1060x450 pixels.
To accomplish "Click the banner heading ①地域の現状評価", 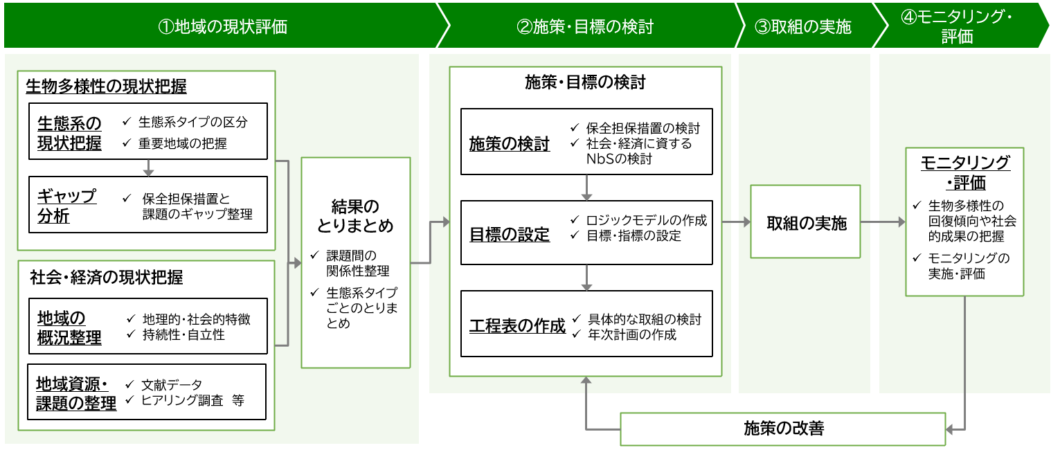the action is point(222,26).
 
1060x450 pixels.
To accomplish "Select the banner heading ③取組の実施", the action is point(802,26).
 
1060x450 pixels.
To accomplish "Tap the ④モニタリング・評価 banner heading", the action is point(956,26).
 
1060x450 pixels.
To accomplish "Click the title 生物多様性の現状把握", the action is point(106,86).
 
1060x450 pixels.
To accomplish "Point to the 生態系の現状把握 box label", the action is point(69,133).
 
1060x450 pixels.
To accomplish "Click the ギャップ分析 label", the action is point(66,206).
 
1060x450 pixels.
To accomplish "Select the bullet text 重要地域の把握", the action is point(183,143).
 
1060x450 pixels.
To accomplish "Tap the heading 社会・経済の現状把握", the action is point(107,277).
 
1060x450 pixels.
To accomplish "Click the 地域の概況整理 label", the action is point(69,327).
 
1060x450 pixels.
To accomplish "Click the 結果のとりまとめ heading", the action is point(355,216).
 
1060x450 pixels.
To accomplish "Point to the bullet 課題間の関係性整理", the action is point(358,263).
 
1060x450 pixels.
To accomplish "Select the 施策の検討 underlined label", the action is point(510,143).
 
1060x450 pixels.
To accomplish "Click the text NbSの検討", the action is point(619,159).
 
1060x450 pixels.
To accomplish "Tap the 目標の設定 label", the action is point(510,234).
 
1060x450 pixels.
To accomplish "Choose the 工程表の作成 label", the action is point(517,325).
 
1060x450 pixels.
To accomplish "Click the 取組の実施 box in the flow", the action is point(805,222).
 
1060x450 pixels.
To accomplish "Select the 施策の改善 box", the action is point(782,429).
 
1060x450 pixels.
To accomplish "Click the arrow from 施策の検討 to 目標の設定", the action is point(587,188).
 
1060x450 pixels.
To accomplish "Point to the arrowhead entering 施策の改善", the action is point(949,430).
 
